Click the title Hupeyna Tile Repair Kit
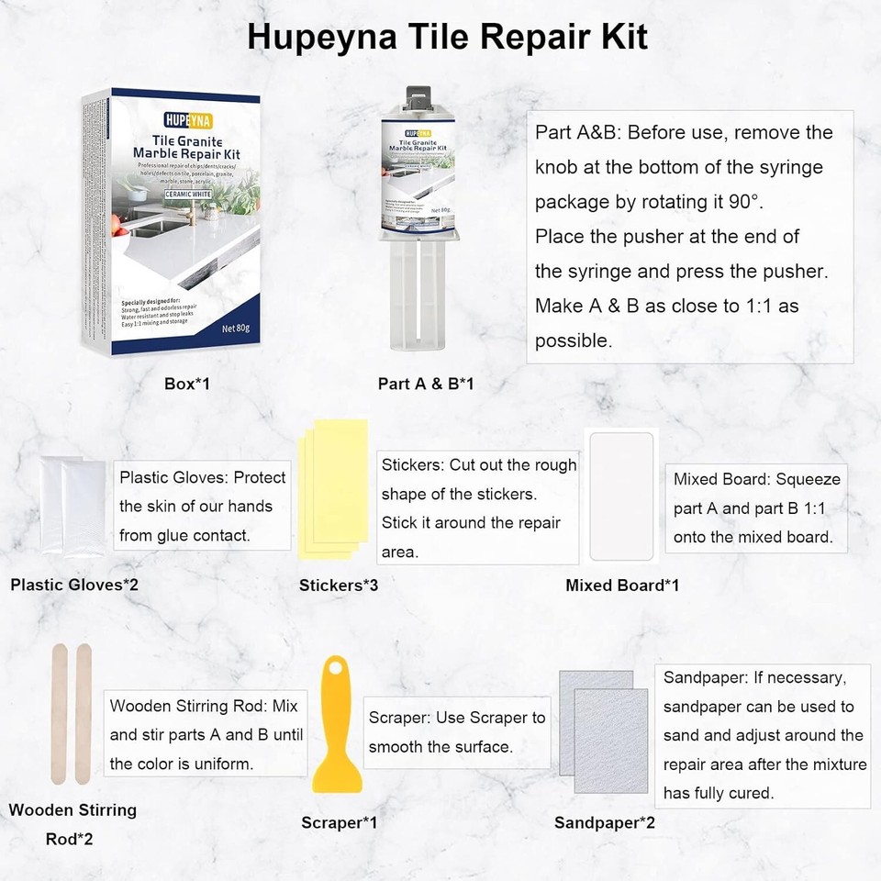(447, 37)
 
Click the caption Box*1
(187, 384)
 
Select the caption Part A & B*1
(426, 384)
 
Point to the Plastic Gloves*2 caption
(74, 584)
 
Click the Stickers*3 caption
(339, 584)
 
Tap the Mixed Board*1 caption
(622, 585)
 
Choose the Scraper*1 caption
(339, 823)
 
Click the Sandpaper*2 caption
(605, 823)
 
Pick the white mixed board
(621, 496)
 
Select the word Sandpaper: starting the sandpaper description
(703, 678)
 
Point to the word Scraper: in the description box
(400, 718)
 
